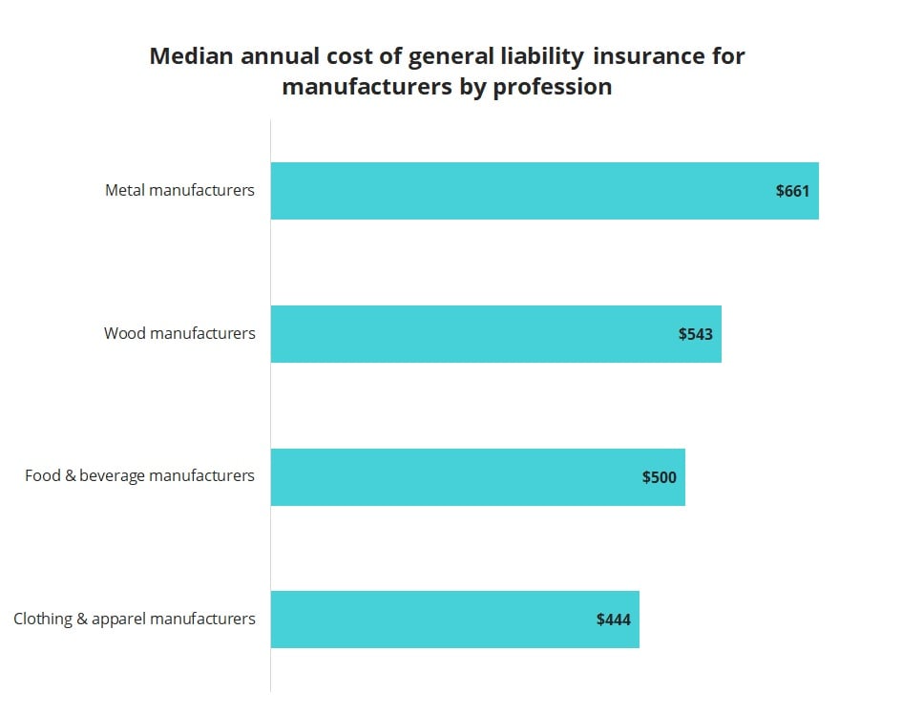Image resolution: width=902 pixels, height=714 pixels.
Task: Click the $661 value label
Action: [792, 191]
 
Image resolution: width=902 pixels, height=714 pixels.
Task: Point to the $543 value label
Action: [695, 334]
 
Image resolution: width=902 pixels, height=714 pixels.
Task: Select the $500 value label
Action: [659, 477]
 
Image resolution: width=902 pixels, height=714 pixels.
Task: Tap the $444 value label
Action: [613, 619]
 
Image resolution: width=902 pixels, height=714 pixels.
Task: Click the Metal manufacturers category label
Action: [179, 190]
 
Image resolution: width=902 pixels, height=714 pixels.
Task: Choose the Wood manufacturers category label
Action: [179, 333]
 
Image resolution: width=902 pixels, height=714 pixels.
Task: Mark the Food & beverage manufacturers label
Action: [139, 475]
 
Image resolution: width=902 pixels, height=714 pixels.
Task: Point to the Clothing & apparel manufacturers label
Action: [135, 619]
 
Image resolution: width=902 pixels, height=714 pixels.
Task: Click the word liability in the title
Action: [539, 56]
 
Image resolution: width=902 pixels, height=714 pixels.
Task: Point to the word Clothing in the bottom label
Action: [42, 619]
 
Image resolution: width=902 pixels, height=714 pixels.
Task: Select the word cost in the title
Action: [343, 56]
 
